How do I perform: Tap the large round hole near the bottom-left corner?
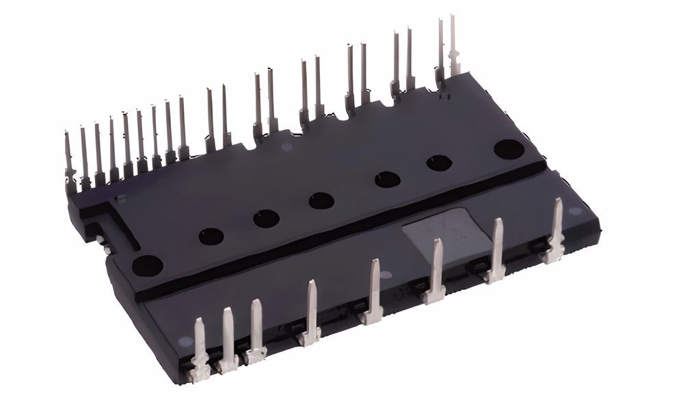point(147,265)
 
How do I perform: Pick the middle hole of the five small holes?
point(321,200)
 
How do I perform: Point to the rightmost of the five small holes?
point(439,163)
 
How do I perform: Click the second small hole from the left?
point(266,219)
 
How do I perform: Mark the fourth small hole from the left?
point(388,179)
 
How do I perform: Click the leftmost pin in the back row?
point(69,157)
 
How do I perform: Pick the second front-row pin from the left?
point(228,338)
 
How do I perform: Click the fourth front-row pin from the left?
point(311,311)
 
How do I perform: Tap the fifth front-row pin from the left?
point(373,291)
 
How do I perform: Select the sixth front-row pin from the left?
point(436,271)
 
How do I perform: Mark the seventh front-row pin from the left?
point(497,250)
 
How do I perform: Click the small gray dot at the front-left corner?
point(182,341)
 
